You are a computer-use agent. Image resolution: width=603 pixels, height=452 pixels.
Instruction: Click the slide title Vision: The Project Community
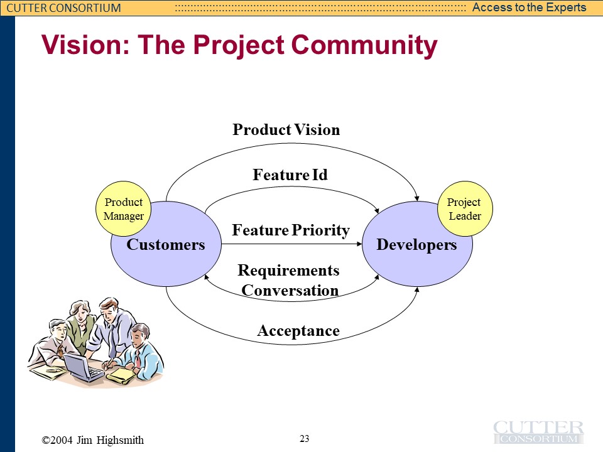point(239,45)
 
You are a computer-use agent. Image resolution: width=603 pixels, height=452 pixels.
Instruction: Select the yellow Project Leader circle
point(464,209)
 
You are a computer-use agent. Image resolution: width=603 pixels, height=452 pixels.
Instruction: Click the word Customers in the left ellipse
point(166,245)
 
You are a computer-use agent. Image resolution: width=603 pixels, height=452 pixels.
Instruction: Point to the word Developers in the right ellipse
point(416,245)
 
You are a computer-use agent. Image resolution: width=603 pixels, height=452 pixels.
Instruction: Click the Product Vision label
point(286,130)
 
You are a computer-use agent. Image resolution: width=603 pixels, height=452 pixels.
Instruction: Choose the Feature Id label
point(290,175)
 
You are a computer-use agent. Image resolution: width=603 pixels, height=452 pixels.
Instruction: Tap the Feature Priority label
point(290,230)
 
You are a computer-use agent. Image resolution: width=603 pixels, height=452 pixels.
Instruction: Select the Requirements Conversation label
point(289,281)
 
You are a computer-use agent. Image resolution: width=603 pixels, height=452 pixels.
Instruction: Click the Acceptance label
point(298,331)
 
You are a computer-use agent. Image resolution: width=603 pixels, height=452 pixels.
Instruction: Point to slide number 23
point(305,439)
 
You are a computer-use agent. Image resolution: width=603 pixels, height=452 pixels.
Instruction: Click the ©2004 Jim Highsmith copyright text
point(92,440)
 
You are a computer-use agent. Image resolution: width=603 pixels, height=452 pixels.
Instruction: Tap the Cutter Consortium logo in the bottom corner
point(538,432)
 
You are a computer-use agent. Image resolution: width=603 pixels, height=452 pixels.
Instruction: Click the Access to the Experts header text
point(529,8)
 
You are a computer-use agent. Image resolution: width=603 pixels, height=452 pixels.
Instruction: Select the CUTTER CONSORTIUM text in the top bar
point(62,8)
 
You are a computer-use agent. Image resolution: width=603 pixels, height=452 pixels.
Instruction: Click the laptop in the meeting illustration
point(82,367)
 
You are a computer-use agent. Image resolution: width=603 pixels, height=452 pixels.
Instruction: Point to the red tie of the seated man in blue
point(137,358)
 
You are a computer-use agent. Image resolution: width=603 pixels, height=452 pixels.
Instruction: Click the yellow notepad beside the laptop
point(120,375)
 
